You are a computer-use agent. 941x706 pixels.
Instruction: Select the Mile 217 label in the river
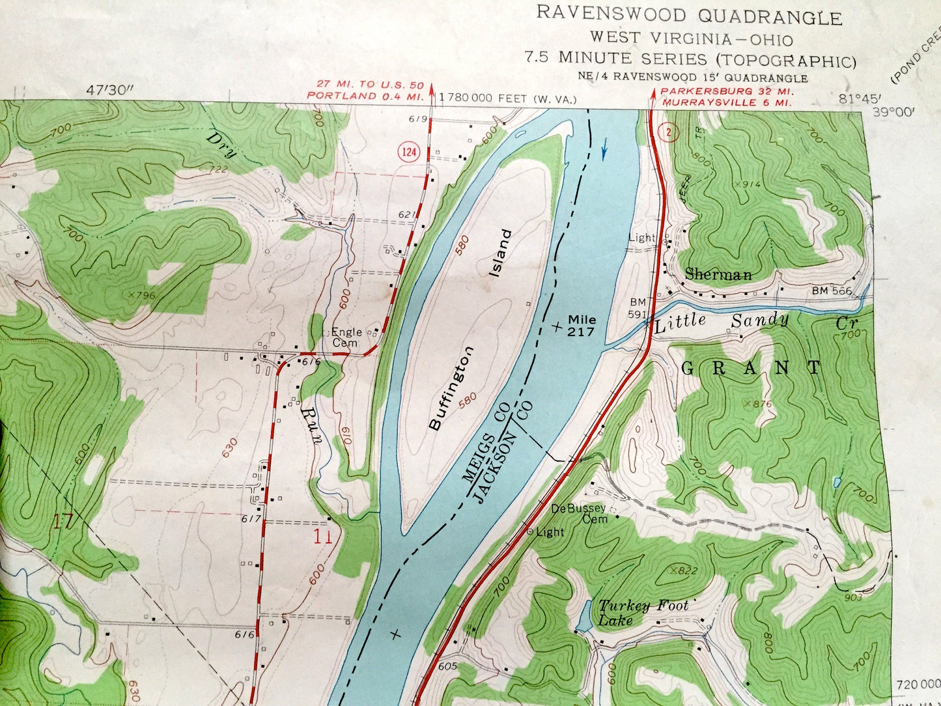pos(582,325)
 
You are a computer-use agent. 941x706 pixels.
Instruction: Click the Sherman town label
pos(718,274)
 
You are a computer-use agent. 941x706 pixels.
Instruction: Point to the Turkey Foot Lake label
pos(643,612)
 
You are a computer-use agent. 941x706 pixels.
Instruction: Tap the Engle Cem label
pos(346,337)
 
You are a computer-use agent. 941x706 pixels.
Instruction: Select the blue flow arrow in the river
pos(604,151)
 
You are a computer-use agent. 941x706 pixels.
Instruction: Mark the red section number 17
pos(63,521)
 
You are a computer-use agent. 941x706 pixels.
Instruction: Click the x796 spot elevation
pos(142,295)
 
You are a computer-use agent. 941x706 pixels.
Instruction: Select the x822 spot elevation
pos(683,571)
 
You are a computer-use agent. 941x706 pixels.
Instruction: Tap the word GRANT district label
pos(752,368)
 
